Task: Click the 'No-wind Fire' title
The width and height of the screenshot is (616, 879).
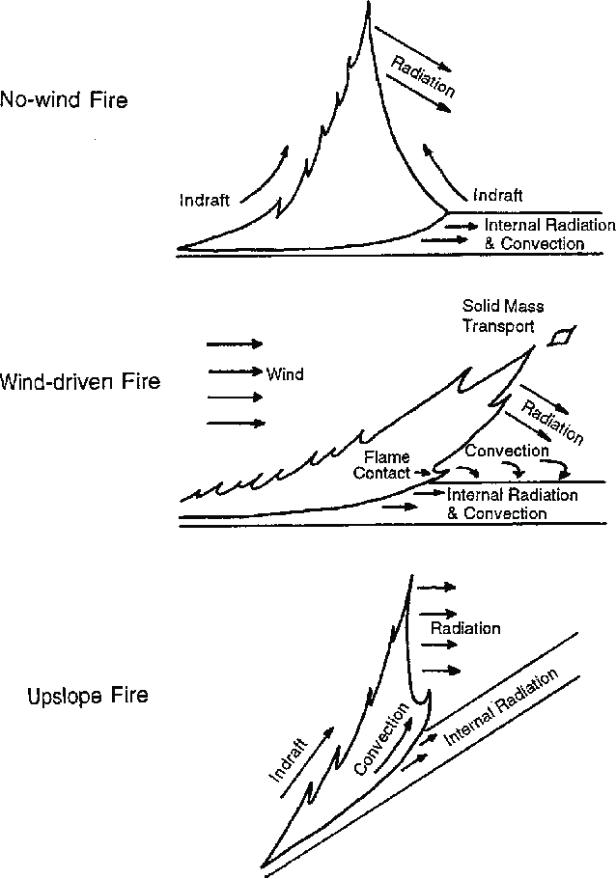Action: tap(65, 99)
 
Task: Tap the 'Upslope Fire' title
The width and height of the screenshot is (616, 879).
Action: tap(88, 695)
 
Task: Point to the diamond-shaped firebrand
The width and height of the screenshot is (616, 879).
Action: tap(559, 336)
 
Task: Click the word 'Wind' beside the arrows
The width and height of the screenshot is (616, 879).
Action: tap(285, 372)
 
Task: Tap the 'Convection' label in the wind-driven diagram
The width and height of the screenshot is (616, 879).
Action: tap(507, 450)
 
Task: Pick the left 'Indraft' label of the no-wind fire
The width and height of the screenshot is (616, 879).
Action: tap(205, 201)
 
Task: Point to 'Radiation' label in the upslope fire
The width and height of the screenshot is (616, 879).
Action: tap(465, 628)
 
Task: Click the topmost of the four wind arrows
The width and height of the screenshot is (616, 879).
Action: tap(235, 343)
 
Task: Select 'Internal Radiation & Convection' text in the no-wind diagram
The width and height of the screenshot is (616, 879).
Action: tap(536, 234)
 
